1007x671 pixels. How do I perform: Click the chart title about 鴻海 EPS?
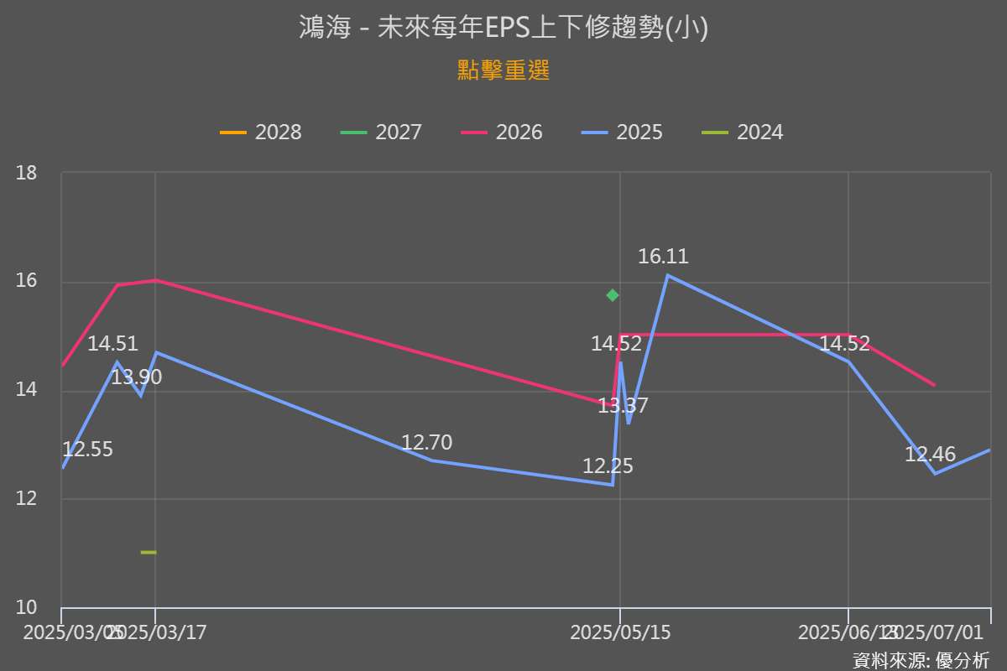(x=503, y=28)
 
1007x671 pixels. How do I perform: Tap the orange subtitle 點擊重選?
(x=503, y=70)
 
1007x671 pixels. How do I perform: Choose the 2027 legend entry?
(x=381, y=133)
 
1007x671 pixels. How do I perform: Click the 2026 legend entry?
(x=502, y=133)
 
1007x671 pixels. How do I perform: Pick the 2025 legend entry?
(x=622, y=133)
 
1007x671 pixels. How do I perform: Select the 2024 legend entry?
(x=743, y=133)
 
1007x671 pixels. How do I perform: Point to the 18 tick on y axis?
(x=27, y=173)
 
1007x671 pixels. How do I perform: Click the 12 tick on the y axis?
(x=27, y=499)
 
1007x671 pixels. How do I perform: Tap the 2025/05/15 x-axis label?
(x=620, y=633)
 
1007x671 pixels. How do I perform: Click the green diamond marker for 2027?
(x=613, y=295)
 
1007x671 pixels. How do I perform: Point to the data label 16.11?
(x=663, y=257)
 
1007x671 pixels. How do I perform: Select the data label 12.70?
(x=426, y=442)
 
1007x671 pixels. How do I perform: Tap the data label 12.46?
(x=930, y=455)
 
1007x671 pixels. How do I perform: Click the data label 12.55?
(x=87, y=450)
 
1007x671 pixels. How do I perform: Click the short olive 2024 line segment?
(x=149, y=552)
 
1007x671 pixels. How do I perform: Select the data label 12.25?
(x=608, y=466)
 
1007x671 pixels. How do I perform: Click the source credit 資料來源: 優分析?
(x=921, y=659)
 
